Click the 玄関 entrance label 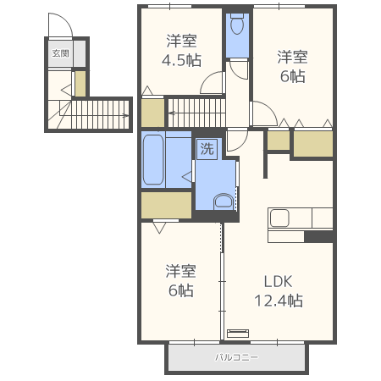60,53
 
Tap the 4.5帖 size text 181,61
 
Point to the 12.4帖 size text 279,301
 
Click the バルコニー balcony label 236,357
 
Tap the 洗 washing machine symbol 207,149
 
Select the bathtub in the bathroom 153,159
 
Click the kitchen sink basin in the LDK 282,218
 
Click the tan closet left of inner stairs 152,113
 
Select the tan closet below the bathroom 166,206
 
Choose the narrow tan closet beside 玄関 80,83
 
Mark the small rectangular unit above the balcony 239,332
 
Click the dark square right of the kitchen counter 318,236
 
